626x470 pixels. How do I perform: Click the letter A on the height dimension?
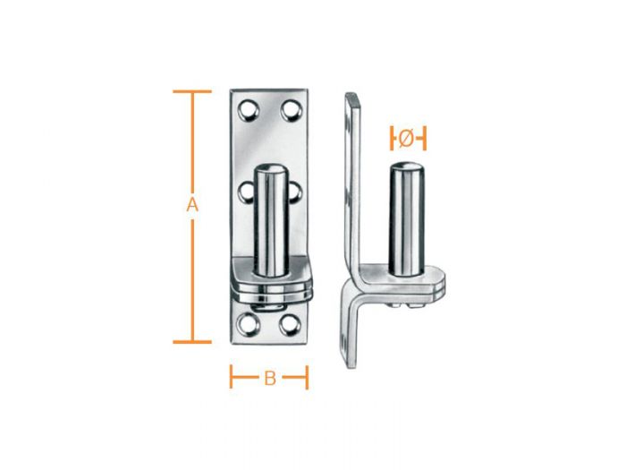pos(191,205)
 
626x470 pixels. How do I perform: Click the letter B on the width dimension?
pos(268,378)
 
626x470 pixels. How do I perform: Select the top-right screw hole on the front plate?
pos(290,110)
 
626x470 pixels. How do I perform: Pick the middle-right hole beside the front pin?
pos(296,191)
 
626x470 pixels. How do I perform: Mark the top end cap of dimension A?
pos(191,91)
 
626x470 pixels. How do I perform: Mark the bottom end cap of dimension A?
pos(191,341)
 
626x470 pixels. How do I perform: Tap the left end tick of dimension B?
pos(232,377)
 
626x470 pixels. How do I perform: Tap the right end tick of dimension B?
pos(307,377)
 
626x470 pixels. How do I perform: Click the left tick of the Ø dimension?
pos(392,139)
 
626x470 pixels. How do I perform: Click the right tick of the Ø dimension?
pos(425,139)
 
